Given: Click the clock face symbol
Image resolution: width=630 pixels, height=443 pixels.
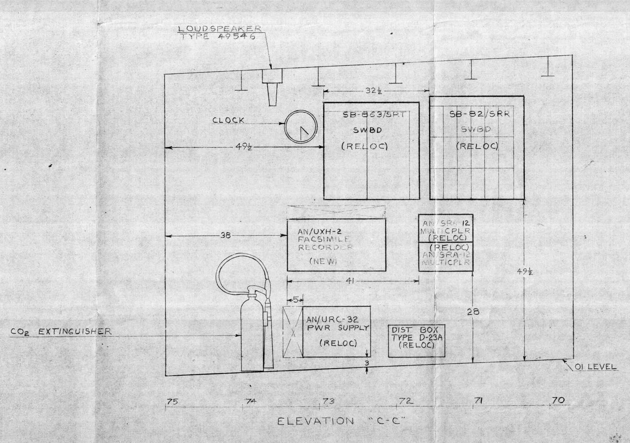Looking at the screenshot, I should [301, 127].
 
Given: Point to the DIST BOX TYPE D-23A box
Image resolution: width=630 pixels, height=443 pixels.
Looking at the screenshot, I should [416, 341].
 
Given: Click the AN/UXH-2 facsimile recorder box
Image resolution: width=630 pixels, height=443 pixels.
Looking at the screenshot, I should [336, 245].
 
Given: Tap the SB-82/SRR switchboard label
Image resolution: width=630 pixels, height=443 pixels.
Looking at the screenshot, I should [477, 114].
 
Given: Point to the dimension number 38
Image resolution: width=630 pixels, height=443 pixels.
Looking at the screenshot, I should [226, 236].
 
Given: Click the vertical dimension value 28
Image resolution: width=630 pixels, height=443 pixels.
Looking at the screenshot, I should [473, 312].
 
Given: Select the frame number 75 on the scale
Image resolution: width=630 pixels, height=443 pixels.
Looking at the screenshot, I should [172, 401].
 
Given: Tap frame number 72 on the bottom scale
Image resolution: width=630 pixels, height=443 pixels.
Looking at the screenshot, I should [405, 401].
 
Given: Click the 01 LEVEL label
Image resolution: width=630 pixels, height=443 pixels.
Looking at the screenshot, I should [595, 367].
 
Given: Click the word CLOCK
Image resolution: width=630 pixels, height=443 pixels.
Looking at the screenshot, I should [229, 120].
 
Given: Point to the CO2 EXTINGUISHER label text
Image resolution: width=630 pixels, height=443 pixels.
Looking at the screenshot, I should [61, 331].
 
